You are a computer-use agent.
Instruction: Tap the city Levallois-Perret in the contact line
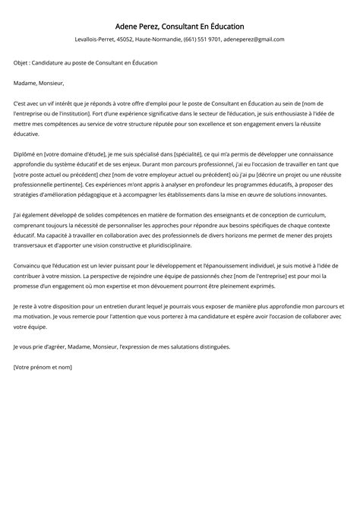click(x=96, y=40)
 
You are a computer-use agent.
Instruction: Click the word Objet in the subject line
click(x=21, y=62)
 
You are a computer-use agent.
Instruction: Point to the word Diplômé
click(x=27, y=153)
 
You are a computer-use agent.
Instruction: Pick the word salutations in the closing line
click(x=181, y=346)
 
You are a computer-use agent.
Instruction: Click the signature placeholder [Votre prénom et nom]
click(x=43, y=367)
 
